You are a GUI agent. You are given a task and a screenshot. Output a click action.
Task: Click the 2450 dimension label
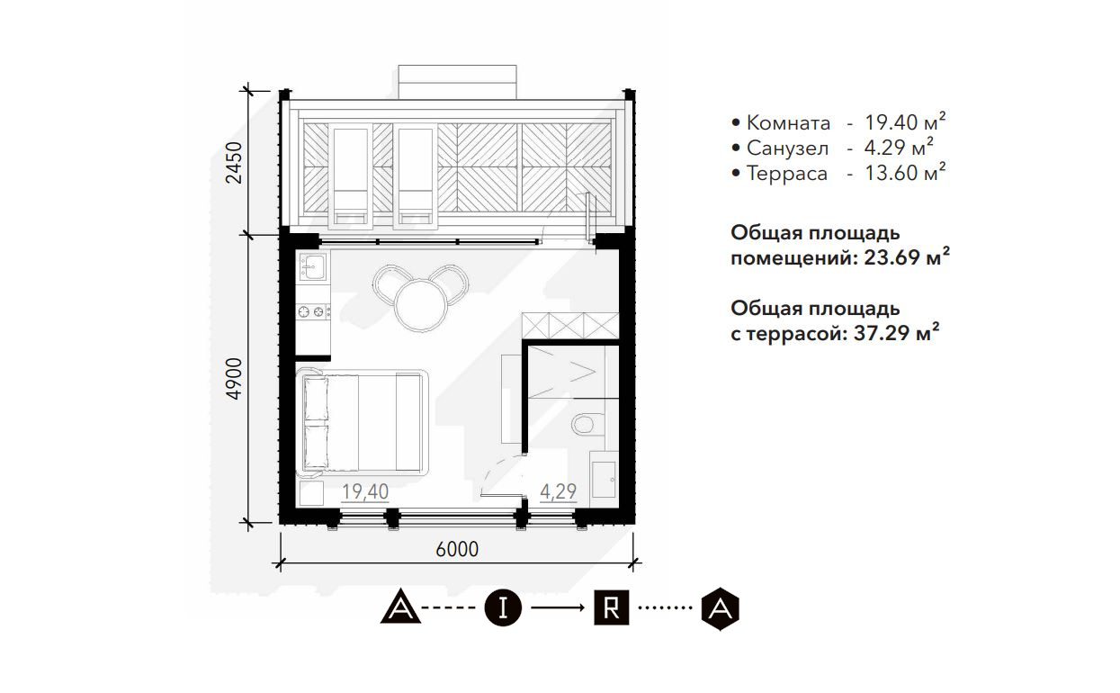tap(234, 163)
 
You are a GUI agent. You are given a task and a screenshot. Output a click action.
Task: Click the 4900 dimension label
tap(234, 379)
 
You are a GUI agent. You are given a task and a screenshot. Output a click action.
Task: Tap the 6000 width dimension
tap(457, 549)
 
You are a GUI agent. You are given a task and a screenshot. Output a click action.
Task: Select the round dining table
tap(420, 306)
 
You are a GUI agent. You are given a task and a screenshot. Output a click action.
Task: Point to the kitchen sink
tap(313, 266)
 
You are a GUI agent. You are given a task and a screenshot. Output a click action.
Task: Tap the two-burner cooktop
tap(313, 312)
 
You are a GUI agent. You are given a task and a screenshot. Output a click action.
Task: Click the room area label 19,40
tap(365, 492)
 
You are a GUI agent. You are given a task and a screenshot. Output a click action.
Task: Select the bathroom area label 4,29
tap(558, 491)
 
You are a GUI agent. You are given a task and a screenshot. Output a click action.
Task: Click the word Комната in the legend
tap(788, 123)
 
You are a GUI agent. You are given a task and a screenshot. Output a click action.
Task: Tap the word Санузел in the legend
tap(787, 148)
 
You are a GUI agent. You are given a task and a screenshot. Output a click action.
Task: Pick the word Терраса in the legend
tap(787, 174)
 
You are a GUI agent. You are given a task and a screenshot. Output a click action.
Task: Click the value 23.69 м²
tap(907, 257)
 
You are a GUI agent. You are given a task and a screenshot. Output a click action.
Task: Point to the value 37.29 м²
tap(897, 332)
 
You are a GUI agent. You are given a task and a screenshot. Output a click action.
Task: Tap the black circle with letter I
tap(503, 608)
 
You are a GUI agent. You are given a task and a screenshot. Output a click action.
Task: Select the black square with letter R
tap(611, 607)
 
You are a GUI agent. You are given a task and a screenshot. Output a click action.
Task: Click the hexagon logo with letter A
tap(720, 608)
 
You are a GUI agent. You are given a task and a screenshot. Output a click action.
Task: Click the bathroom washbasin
tap(604, 479)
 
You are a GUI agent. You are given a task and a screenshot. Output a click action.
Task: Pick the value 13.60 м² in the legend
tap(906, 173)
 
